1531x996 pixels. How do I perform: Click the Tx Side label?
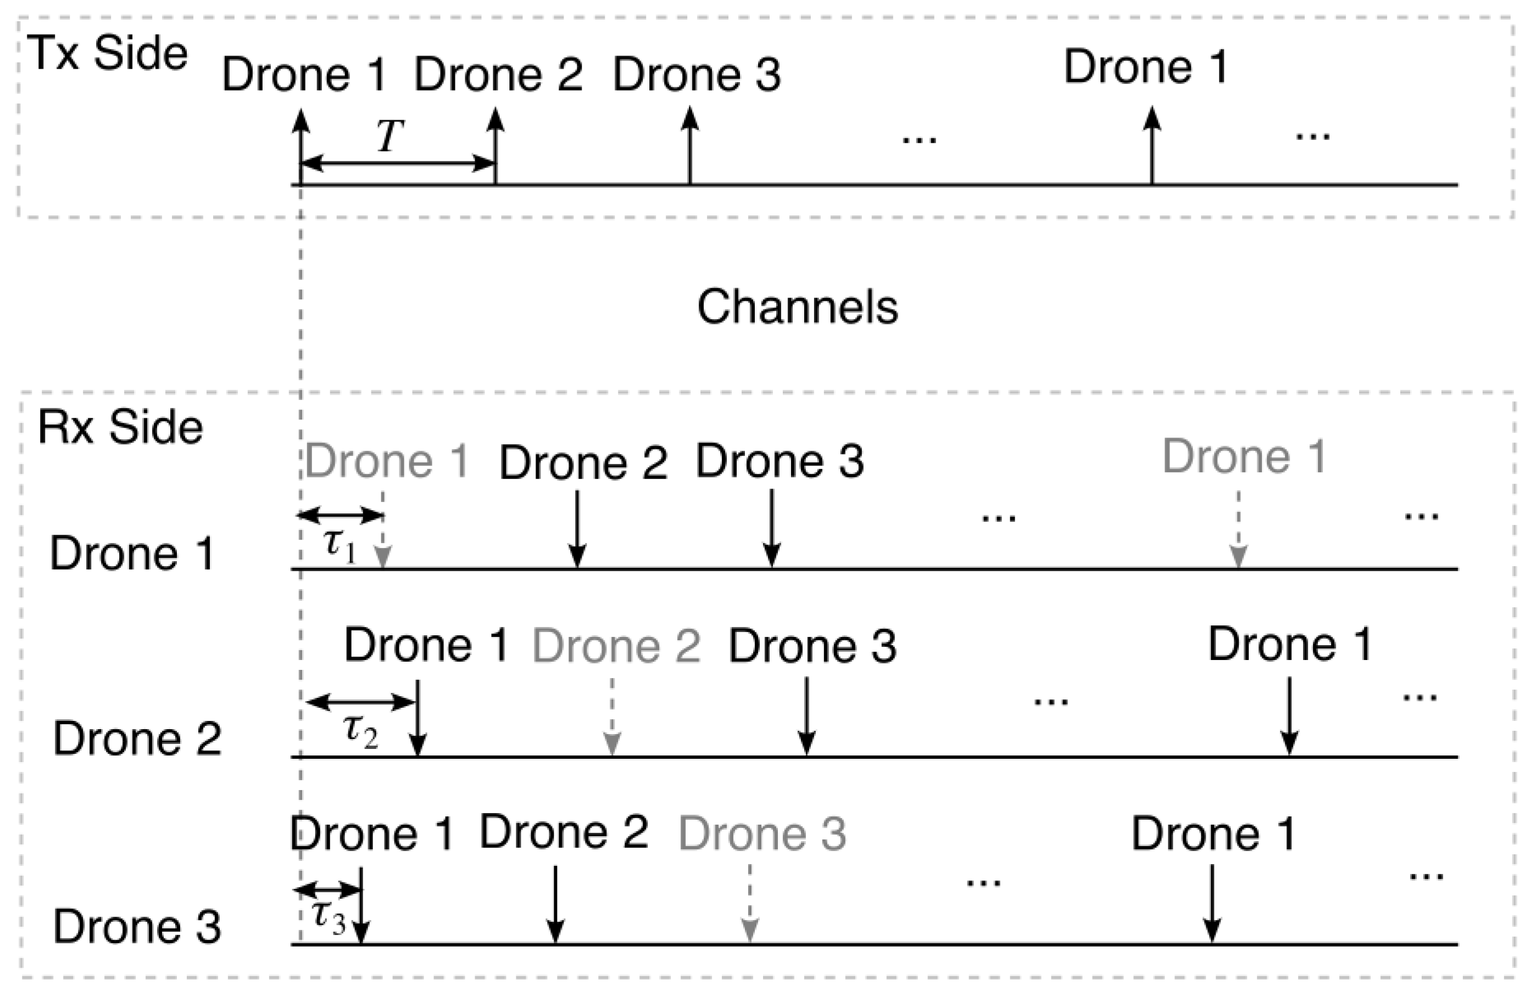point(108,53)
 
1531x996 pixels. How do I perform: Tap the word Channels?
point(798,307)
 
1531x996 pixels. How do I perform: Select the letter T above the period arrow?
point(390,136)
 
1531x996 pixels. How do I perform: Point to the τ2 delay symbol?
point(360,732)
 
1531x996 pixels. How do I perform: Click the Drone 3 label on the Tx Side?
point(697,75)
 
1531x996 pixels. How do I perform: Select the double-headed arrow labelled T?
point(398,163)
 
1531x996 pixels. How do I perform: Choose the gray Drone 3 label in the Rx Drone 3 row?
point(762,834)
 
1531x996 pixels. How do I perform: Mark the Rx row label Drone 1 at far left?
point(132,553)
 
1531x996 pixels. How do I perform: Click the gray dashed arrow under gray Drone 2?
point(612,717)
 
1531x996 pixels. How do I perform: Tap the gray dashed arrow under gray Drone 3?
point(750,903)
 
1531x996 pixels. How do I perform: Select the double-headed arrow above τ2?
point(360,702)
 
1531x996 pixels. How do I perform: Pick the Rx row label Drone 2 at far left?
point(137,739)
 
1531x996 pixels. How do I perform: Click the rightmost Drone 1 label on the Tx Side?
point(1146,67)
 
